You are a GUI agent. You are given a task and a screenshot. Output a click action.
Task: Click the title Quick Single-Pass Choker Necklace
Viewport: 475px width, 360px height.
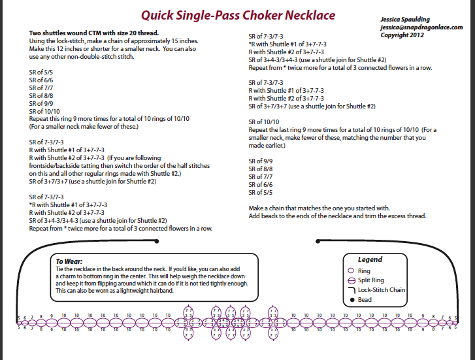(238, 14)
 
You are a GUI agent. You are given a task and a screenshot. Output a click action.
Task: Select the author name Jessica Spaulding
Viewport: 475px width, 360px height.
(407, 20)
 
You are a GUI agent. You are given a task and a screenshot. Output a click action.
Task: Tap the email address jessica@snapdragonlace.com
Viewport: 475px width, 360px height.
(421, 27)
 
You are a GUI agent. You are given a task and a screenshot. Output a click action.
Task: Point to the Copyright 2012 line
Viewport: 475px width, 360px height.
(403, 35)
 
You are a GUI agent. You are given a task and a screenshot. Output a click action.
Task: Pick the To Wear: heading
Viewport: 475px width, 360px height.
(69, 260)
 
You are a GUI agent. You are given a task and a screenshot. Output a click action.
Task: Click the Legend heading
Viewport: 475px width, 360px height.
(370, 259)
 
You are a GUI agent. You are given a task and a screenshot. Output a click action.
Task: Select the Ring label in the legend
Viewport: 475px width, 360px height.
(364, 270)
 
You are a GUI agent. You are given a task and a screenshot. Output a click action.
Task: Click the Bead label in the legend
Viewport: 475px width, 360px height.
(364, 300)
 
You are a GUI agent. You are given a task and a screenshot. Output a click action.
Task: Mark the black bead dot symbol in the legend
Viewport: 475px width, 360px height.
(352, 300)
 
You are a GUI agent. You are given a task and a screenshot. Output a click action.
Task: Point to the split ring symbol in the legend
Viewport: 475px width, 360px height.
(352, 280)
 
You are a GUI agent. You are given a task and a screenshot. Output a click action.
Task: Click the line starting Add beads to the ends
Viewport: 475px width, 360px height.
(337, 216)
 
